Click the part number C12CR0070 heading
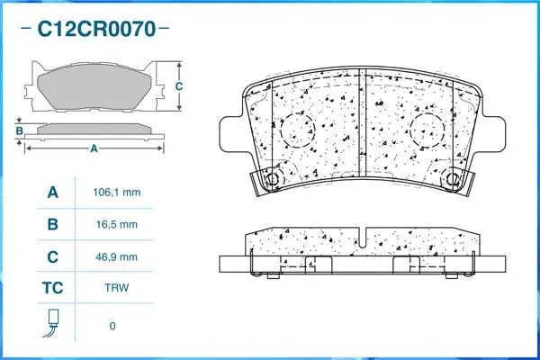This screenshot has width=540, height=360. click(x=94, y=30)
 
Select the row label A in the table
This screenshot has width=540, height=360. click(x=52, y=192)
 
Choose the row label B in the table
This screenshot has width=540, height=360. click(x=52, y=224)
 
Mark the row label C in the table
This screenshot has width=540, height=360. click(x=52, y=257)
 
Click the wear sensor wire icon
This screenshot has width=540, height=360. click(x=52, y=323)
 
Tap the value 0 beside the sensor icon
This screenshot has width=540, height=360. click(x=112, y=326)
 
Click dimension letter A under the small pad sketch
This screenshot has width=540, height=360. click(x=94, y=148)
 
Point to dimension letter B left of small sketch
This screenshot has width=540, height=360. click(x=19, y=131)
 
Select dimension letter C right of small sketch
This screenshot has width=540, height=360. click(x=178, y=86)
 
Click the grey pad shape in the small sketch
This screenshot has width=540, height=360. click(x=94, y=87)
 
